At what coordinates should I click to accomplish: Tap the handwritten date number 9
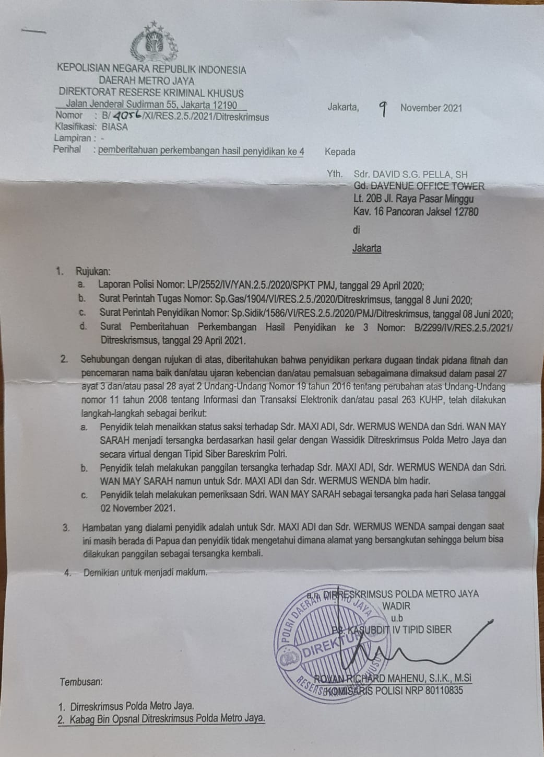[x=383, y=109]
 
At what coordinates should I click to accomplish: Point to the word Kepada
[x=340, y=152]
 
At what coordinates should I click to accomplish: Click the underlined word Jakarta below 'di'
[x=366, y=248]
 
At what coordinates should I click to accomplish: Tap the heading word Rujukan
[x=93, y=271]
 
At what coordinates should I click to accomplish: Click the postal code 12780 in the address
[x=466, y=212]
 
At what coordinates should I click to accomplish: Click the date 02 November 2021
[x=138, y=508]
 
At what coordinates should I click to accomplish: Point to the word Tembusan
[x=81, y=682]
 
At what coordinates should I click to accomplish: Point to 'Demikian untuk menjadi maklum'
[x=145, y=572]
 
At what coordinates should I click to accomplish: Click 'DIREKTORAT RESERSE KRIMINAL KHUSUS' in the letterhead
[x=150, y=93]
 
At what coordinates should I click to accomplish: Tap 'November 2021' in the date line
[x=431, y=108]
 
